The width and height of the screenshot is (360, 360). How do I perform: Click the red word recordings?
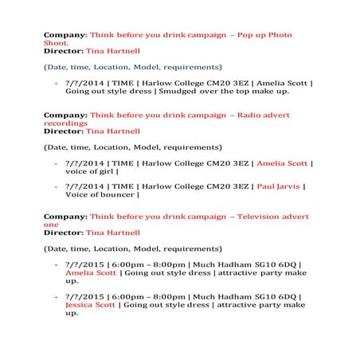tap(65, 123)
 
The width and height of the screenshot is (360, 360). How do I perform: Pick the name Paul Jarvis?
tap(279, 186)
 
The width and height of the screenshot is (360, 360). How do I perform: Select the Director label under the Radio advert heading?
tap(63, 131)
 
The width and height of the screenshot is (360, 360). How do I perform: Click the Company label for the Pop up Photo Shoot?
tap(65, 35)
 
